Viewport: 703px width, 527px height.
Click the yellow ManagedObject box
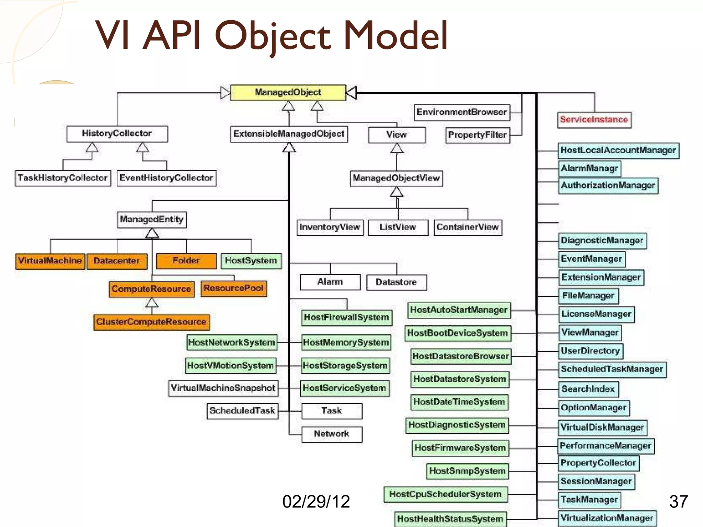click(x=288, y=92)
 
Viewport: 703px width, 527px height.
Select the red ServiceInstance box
click(x=594, y=120)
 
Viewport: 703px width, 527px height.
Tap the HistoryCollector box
click(x=117, y=133)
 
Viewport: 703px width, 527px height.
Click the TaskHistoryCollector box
click(x=63, y=178)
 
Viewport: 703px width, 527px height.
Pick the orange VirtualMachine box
click(x=50, y=261)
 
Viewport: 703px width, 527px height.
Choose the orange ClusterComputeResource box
click(x=151, y=322)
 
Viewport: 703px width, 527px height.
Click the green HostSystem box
click(x=251, y=261)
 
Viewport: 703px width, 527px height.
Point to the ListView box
click(x=398, y=227)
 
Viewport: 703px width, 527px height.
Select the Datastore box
click(x=396, y=282)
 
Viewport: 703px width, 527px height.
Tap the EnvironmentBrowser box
click(x=462, y=112)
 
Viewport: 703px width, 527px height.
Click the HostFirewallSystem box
click(x=346, y=317)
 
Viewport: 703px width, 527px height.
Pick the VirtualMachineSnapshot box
click(x=223, y=388)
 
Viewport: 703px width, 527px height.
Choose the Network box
click(x=332, y=434)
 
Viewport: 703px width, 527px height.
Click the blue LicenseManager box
click(x=596, y=314)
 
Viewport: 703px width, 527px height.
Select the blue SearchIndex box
click(x=588, y=389)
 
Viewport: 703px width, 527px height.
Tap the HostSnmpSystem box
click(x=467, y=471)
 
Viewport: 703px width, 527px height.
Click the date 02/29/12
click(x=316, y=502)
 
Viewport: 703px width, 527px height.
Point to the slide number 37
click(x=678, y=502)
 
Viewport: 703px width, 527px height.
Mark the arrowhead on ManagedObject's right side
click(x=351, y=93)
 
